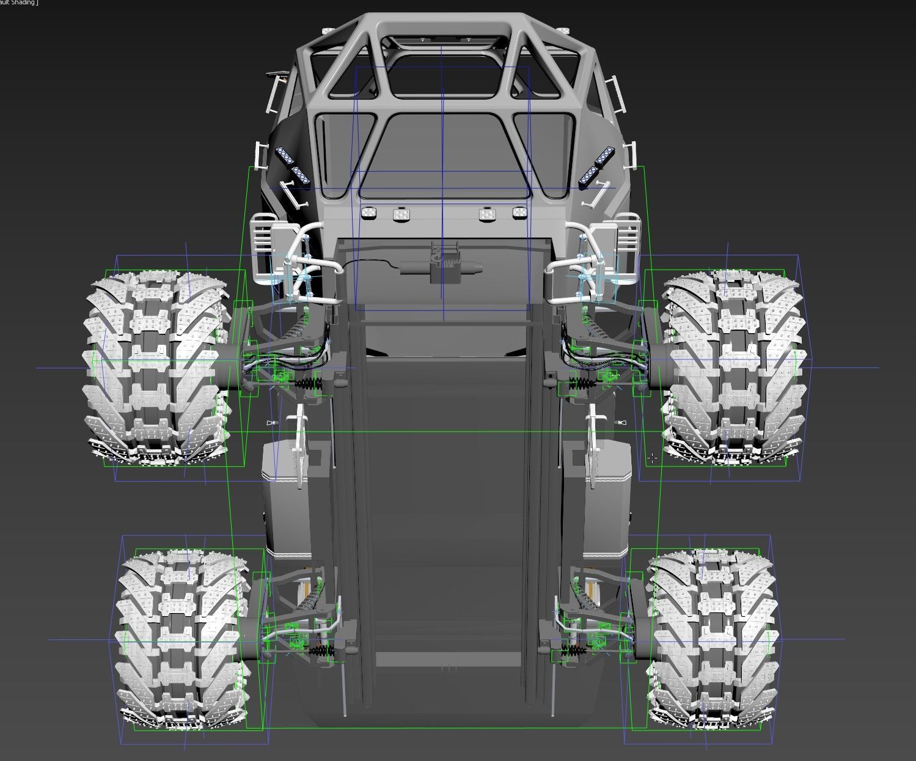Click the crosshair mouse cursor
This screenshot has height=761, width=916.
652,457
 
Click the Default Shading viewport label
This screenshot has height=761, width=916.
18,3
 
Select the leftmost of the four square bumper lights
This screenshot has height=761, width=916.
369,213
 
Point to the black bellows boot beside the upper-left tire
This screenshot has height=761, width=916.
312,384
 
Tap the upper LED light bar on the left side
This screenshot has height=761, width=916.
285,156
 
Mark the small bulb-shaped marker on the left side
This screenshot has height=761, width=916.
272,423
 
